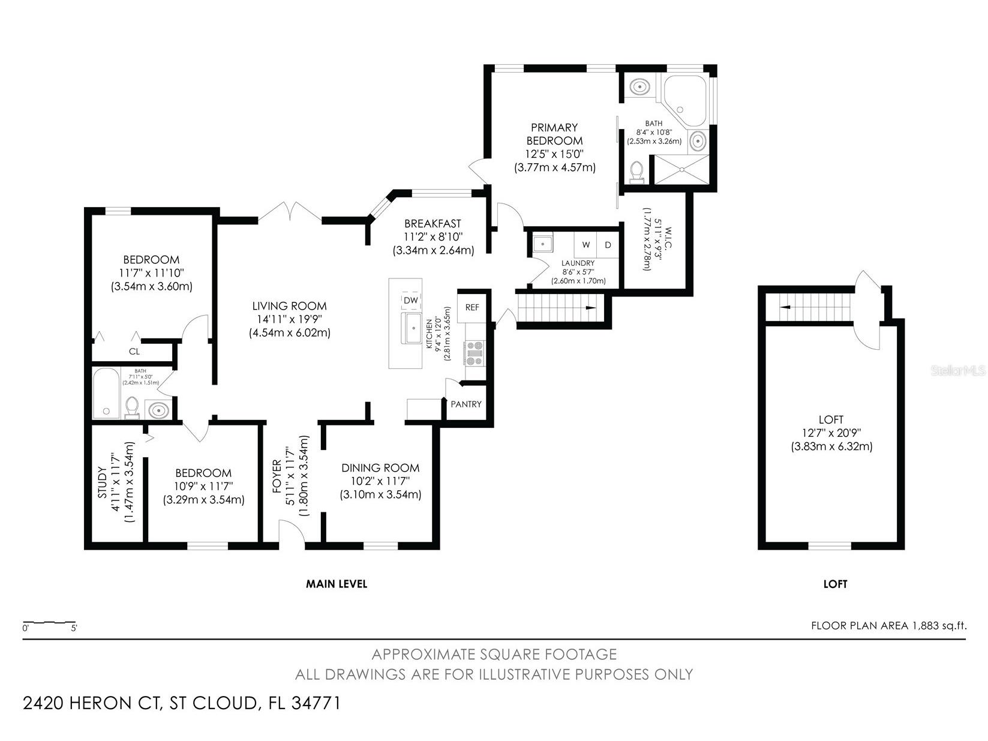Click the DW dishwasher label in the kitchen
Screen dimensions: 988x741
410,300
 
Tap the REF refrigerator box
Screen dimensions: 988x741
472,307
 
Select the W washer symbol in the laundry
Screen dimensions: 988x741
585,245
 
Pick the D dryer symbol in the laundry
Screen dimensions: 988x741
608,245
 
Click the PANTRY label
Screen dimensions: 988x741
466,404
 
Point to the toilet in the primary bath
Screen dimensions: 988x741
636,172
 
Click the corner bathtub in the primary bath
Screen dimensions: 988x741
684,101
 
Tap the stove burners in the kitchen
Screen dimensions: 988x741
475,353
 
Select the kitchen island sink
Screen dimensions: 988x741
413,328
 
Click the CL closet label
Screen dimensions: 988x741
134,352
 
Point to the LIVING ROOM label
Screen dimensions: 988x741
289,306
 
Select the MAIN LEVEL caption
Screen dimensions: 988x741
337,584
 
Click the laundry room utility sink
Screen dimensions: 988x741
543,244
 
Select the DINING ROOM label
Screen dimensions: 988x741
380,468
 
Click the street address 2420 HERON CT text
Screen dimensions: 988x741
92,703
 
